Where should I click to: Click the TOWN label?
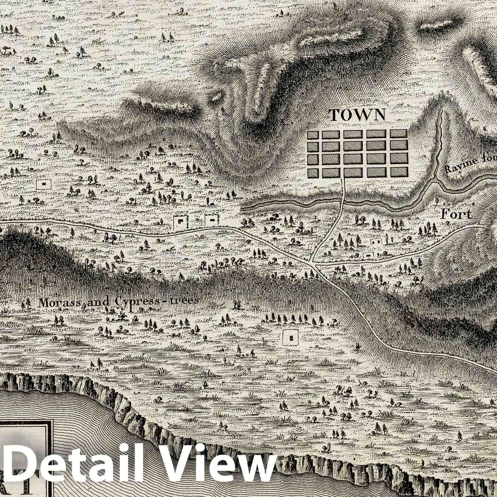358,115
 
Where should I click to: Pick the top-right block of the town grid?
399,134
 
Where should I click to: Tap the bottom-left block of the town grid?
313,173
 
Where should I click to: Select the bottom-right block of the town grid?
399,173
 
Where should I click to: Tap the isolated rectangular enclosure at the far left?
44,184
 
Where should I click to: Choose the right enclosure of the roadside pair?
213,221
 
